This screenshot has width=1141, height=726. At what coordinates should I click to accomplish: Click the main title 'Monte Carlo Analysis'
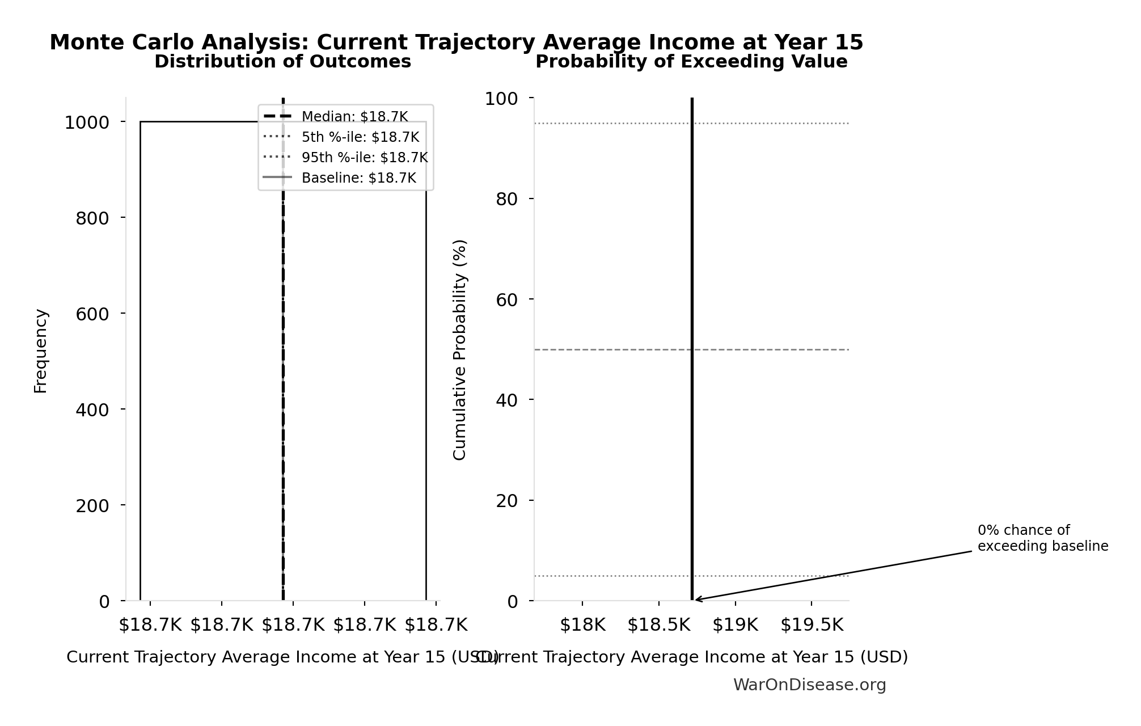(x=456, y=43)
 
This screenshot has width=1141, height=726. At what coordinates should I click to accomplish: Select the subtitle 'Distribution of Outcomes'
(x=282, y=62)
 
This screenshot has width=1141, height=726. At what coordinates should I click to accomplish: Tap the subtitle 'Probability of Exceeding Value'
(x=691, y=62)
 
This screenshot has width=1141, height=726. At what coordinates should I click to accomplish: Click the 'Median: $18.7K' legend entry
(x=354, y=117)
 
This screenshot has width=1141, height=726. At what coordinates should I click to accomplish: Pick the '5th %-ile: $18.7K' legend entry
(x=360, y=137)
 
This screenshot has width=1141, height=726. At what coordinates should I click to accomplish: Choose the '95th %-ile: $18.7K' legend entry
(x=364, y=158)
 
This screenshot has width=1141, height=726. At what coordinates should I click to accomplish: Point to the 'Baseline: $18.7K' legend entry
(x=358, y=178)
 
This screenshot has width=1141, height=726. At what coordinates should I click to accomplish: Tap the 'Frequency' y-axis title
(x=41, y=351)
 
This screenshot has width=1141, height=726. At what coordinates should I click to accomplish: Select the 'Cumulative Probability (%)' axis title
(x=459, y=349)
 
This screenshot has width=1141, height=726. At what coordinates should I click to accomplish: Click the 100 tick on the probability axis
(x=501, y=99)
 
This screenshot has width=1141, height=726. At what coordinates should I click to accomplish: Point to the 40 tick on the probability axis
(x=506, y=400)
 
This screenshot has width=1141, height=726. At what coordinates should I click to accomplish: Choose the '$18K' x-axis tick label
(x=582, y=625)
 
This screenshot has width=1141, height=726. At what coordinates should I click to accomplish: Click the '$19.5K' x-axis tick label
(x=812, y=625)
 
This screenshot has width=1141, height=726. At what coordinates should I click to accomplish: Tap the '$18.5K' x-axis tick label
(x=659, y=625)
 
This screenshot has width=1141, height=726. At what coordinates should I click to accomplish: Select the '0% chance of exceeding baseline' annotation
(x=1042, y=538)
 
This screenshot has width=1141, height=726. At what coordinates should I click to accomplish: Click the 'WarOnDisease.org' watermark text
(x=809, y=685)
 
